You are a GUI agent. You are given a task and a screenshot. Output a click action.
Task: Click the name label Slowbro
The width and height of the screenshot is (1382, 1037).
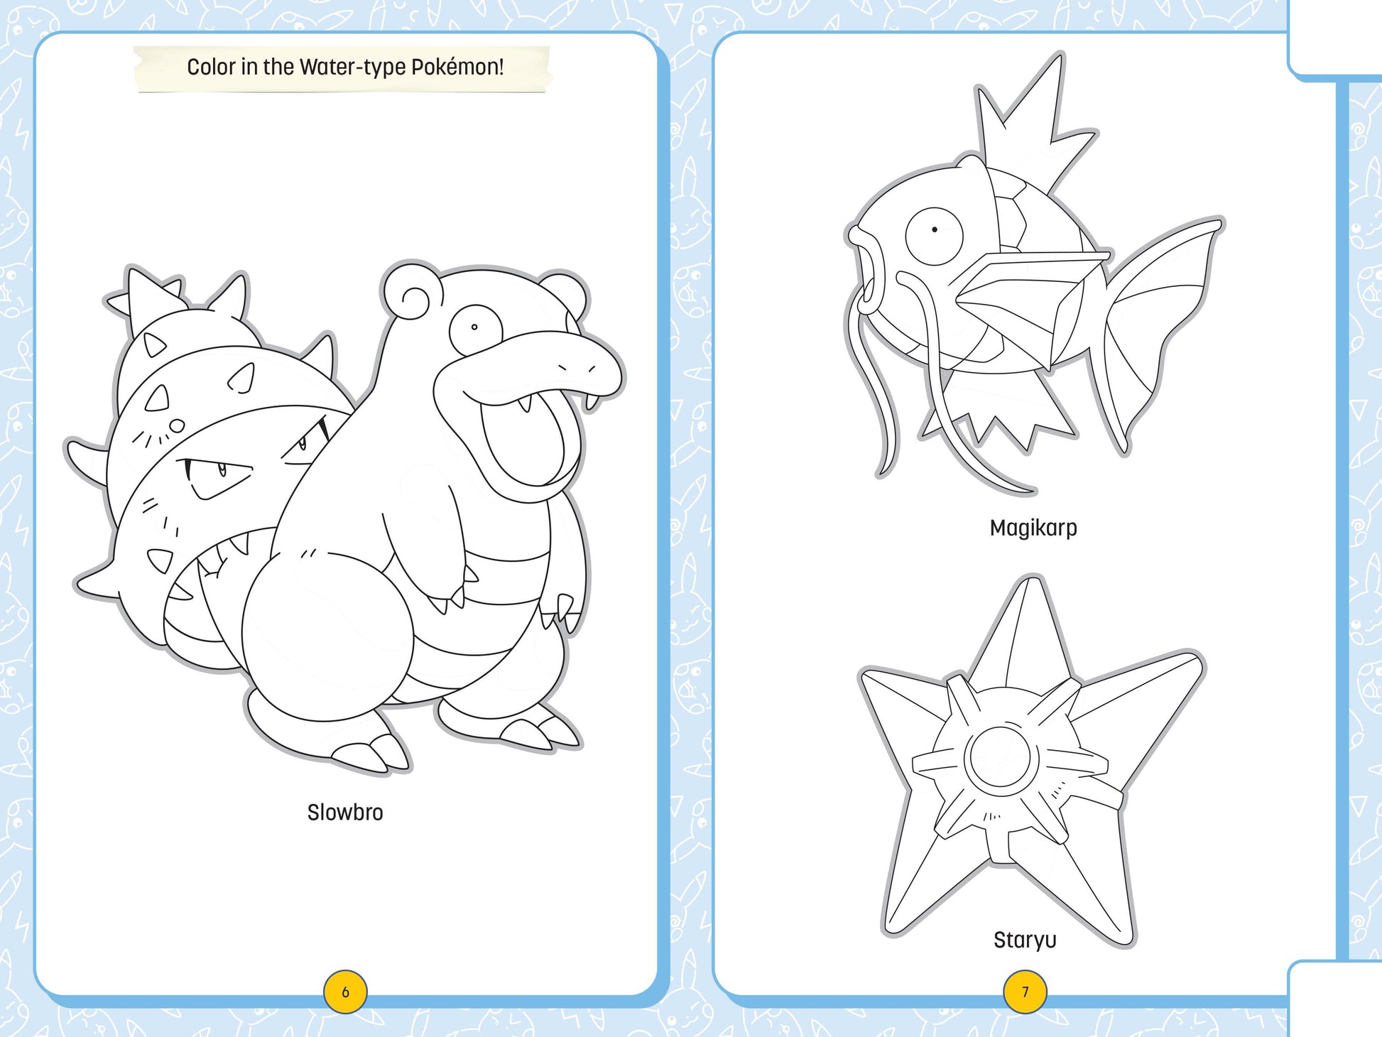coord(345,812)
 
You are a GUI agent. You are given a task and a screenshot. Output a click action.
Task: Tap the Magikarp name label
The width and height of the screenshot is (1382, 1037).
coord(1033,528)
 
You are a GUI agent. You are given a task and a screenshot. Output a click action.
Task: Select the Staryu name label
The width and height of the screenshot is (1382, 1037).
coord(1025,940)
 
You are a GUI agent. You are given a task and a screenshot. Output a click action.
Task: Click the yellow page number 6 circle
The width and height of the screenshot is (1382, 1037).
coord(345,992)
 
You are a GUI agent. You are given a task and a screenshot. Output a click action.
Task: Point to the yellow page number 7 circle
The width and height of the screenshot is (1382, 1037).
coord(1025,992)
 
